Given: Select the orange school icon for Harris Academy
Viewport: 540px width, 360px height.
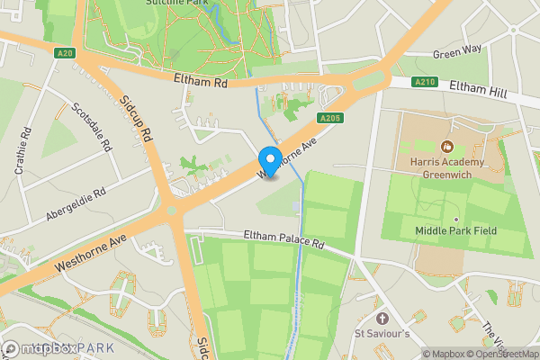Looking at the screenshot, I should (x=445, y=146).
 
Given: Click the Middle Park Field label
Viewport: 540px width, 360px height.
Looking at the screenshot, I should (x=455, y=231).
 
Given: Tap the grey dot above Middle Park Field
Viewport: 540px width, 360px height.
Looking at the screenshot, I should (x=455, y=219).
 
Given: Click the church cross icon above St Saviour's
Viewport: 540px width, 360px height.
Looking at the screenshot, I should (x=382, y=319).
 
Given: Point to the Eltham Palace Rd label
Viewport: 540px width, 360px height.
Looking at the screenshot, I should (x=283, y=239).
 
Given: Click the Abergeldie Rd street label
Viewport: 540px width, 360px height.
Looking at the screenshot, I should (x=76, y=204).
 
